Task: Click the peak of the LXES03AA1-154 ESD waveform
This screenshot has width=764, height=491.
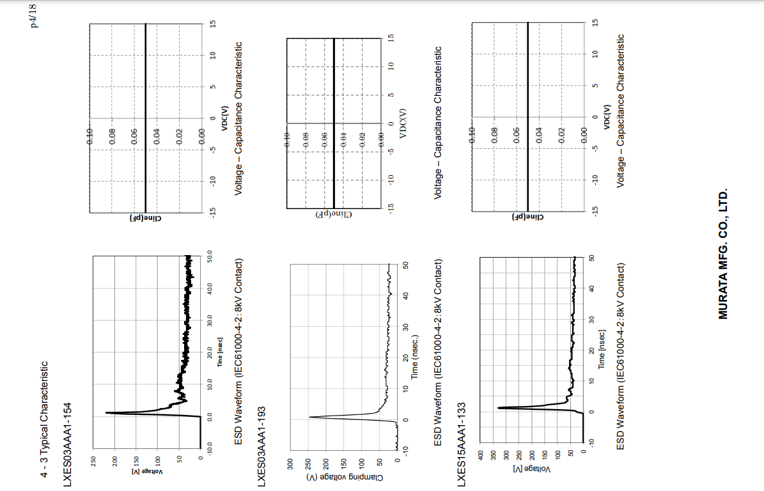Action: click(106, 413)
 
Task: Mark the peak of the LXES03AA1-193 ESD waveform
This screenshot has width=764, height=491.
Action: click(309, 417)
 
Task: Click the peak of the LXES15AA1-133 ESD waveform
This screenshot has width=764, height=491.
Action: click(498, 407)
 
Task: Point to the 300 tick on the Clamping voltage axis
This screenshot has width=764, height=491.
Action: click(290, 462)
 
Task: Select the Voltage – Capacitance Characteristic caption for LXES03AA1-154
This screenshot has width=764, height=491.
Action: click(238, 118)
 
